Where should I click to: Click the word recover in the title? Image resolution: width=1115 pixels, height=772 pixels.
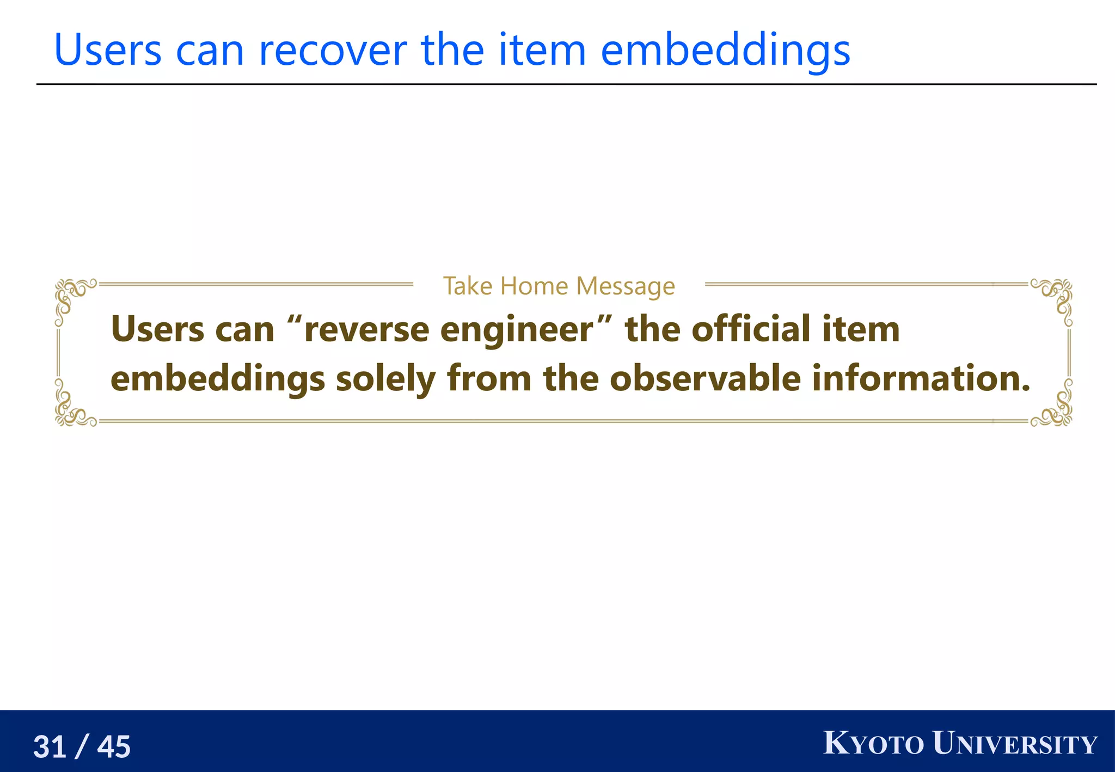pyautogui.click(x=333, y=50)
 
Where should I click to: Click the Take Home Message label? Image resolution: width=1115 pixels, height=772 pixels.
pyautogui.click(x=559, y=286)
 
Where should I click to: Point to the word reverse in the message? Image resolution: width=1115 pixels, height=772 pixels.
pyautogui.click(x=366, y=330)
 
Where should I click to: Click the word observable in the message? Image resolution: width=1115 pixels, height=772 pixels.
pyautogui.click(x=705, y=378)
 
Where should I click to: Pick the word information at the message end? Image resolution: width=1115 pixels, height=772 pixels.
pyautogui.click(x=920, y=378)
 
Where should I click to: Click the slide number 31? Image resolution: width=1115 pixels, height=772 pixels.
pyautogui.click(x=50, y=746)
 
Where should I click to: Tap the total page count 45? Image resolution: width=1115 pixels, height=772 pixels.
pyautogui.click(x=114, y=746)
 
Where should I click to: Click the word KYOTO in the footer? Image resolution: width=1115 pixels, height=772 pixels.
pyautogui.click(x=873, y=743)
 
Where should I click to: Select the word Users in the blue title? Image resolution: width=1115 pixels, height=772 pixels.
pyautogui.click(x=108, y=50)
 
